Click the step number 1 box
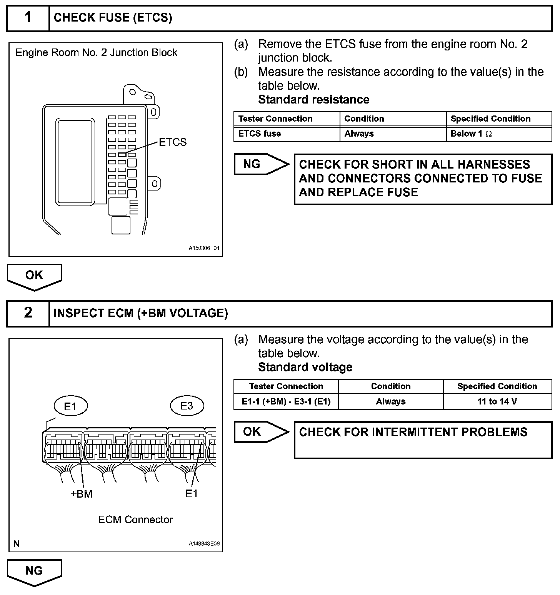[28, 18]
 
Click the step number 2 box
[28, 313]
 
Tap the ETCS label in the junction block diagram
[173, 142]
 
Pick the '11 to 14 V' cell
[497, 402]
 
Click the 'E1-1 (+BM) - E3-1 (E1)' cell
[286, 402]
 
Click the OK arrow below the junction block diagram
[34, 276]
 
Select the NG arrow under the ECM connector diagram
[34, 571]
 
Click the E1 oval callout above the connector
[70, 406]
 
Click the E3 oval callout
[187, 406]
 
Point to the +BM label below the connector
[82, 494]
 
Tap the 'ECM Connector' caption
[135, 520]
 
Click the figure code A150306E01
[204, 248]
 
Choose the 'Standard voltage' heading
[305, 367]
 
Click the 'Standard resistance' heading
[313, 100]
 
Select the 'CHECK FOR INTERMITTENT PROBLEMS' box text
[413, 432]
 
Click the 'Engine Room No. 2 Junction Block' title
[97, 53]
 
